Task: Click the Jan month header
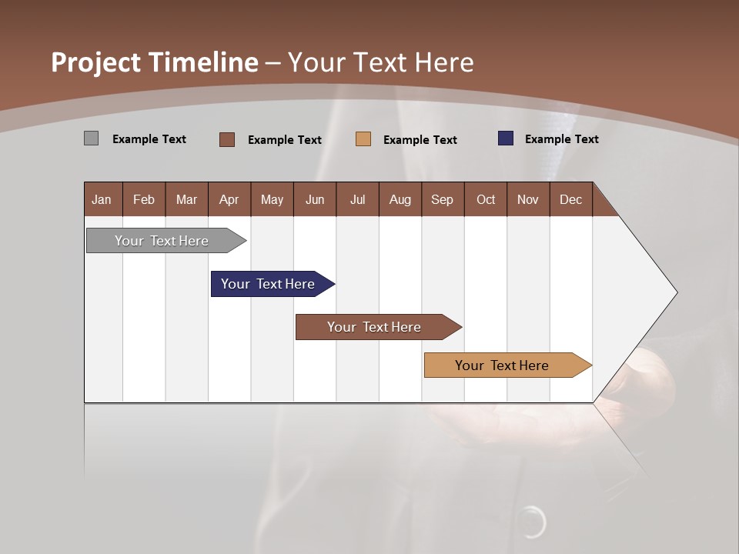[102, 199]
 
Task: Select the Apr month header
[229, 199]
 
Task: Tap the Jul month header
[357, 199]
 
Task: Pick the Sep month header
[442, 199]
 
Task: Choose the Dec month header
[570, 199]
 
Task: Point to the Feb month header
[144, 199]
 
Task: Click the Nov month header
[527, 199]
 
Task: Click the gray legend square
[91, 138]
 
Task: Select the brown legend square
[227, 139]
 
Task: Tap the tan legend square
[363, 139]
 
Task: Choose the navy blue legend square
[506, 138]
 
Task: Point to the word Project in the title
[95, 62]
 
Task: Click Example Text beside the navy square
[561, 139]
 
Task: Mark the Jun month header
[314, 199]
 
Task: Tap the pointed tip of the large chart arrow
[675, 292]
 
